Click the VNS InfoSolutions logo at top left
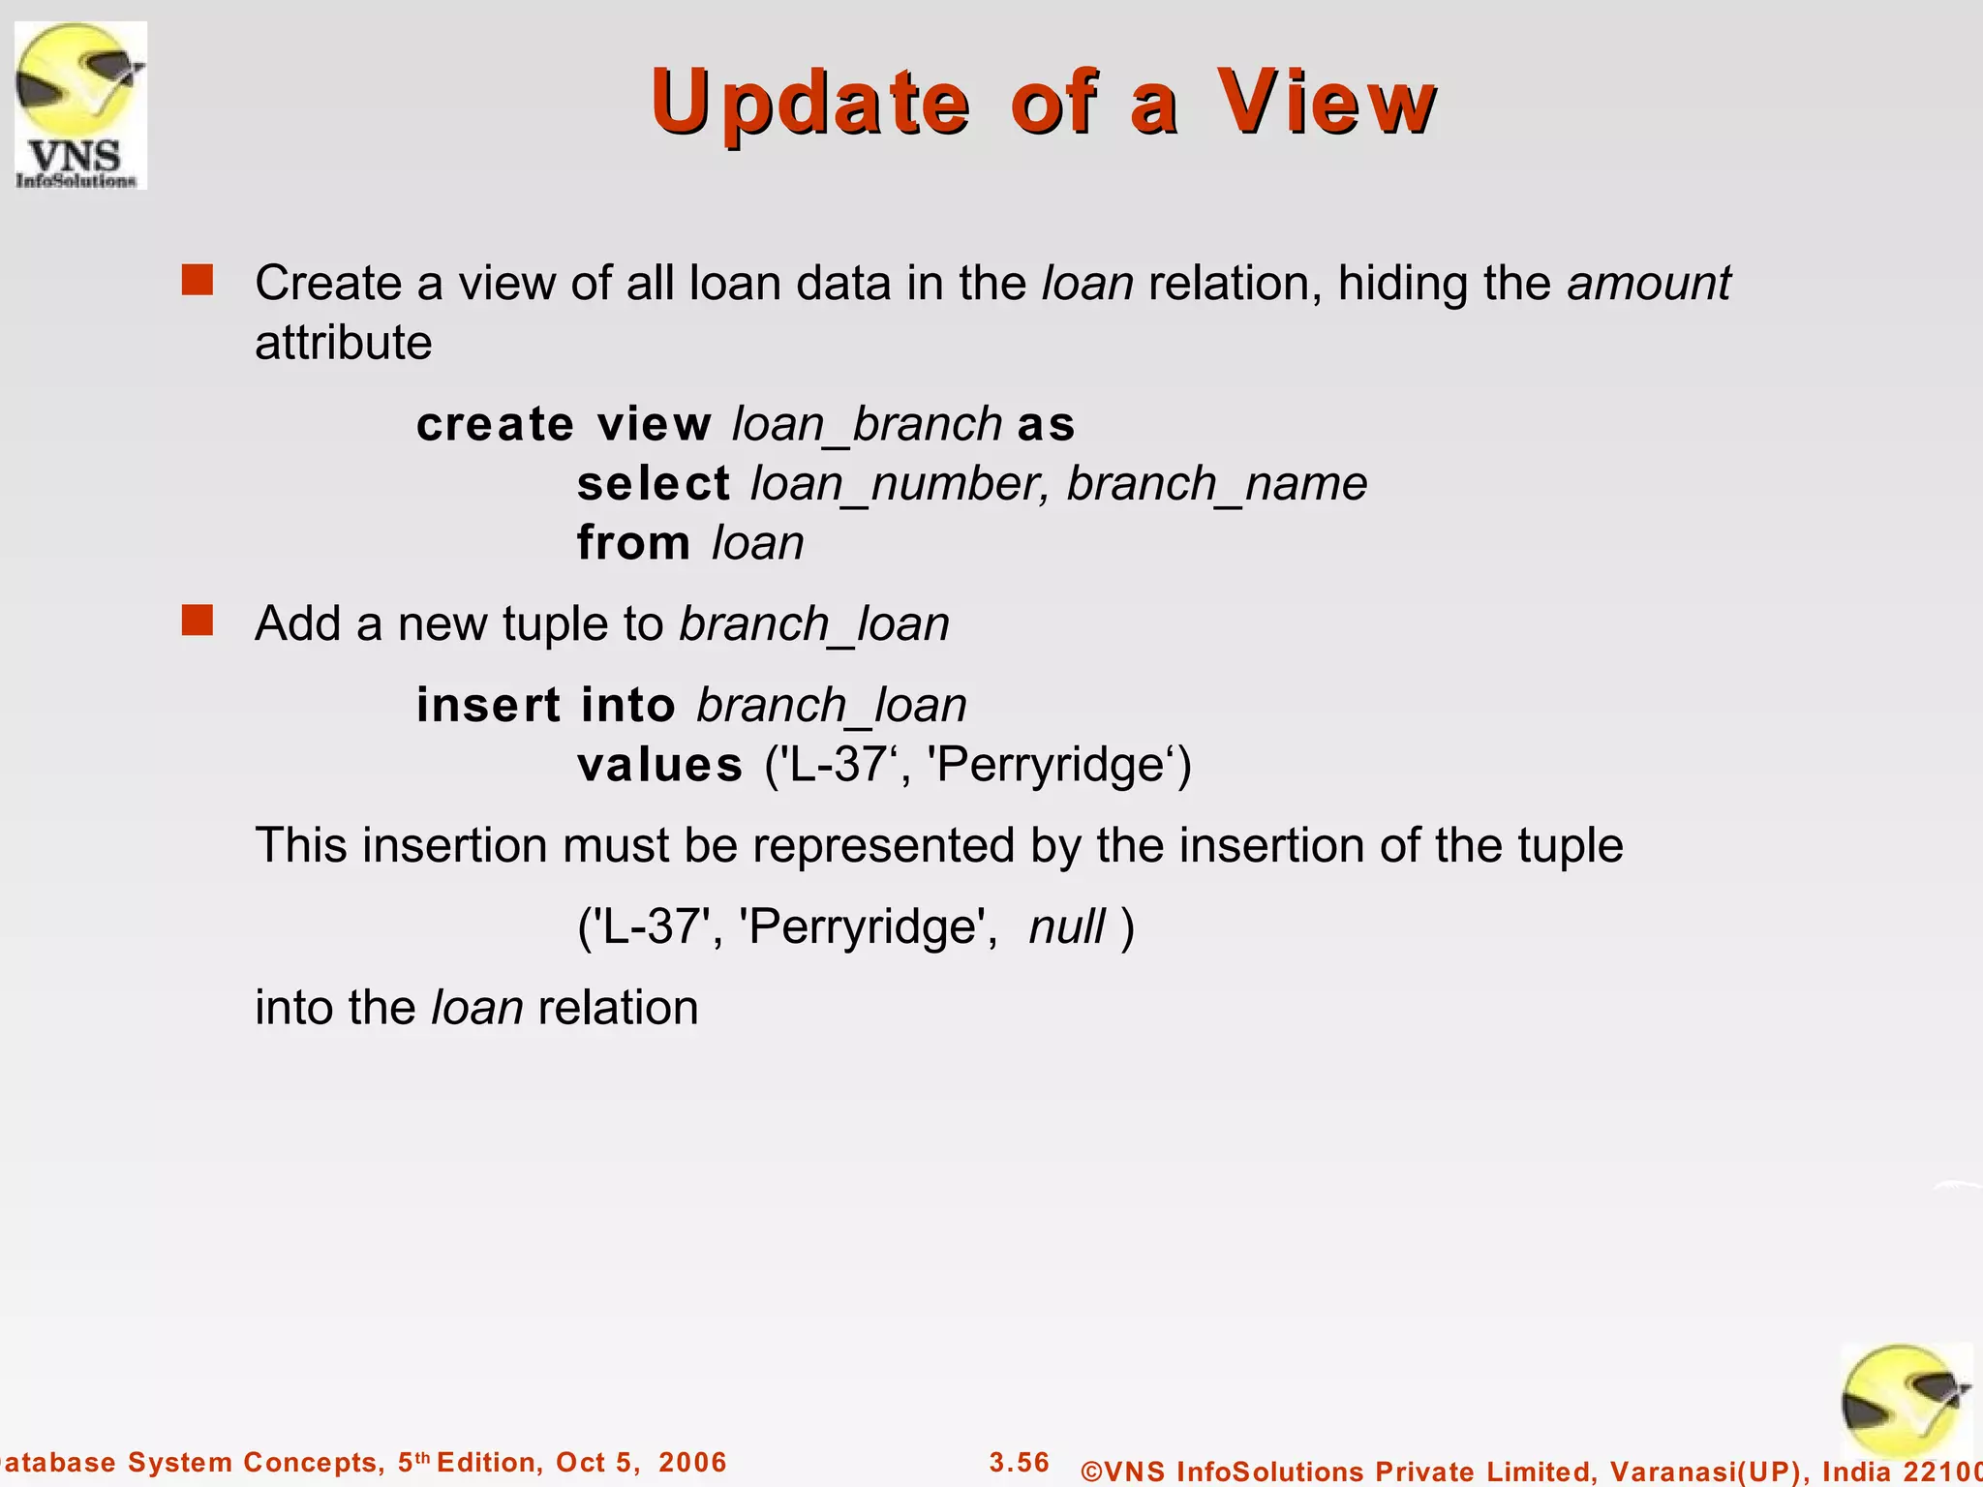[x=80, y=105]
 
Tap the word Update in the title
[x=809, y=102]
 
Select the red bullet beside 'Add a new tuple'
[x=198, y=621]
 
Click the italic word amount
[x=1648, y=283]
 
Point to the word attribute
[x=343, y=343]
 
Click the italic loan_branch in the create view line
[x=867, y=424]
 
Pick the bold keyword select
[x=654, y=483]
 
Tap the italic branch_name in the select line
[x=1217, y=483]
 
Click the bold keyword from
[x=634, y=542]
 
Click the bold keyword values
[x=659, y=765]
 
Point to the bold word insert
[x=488, y=705]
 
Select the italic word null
[x=1066, y=926]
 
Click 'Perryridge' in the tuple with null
[x=868, y=926]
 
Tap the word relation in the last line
[x=618, y=1008]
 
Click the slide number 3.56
[x=1020, y=1462]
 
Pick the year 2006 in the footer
[x=692, y=1462]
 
